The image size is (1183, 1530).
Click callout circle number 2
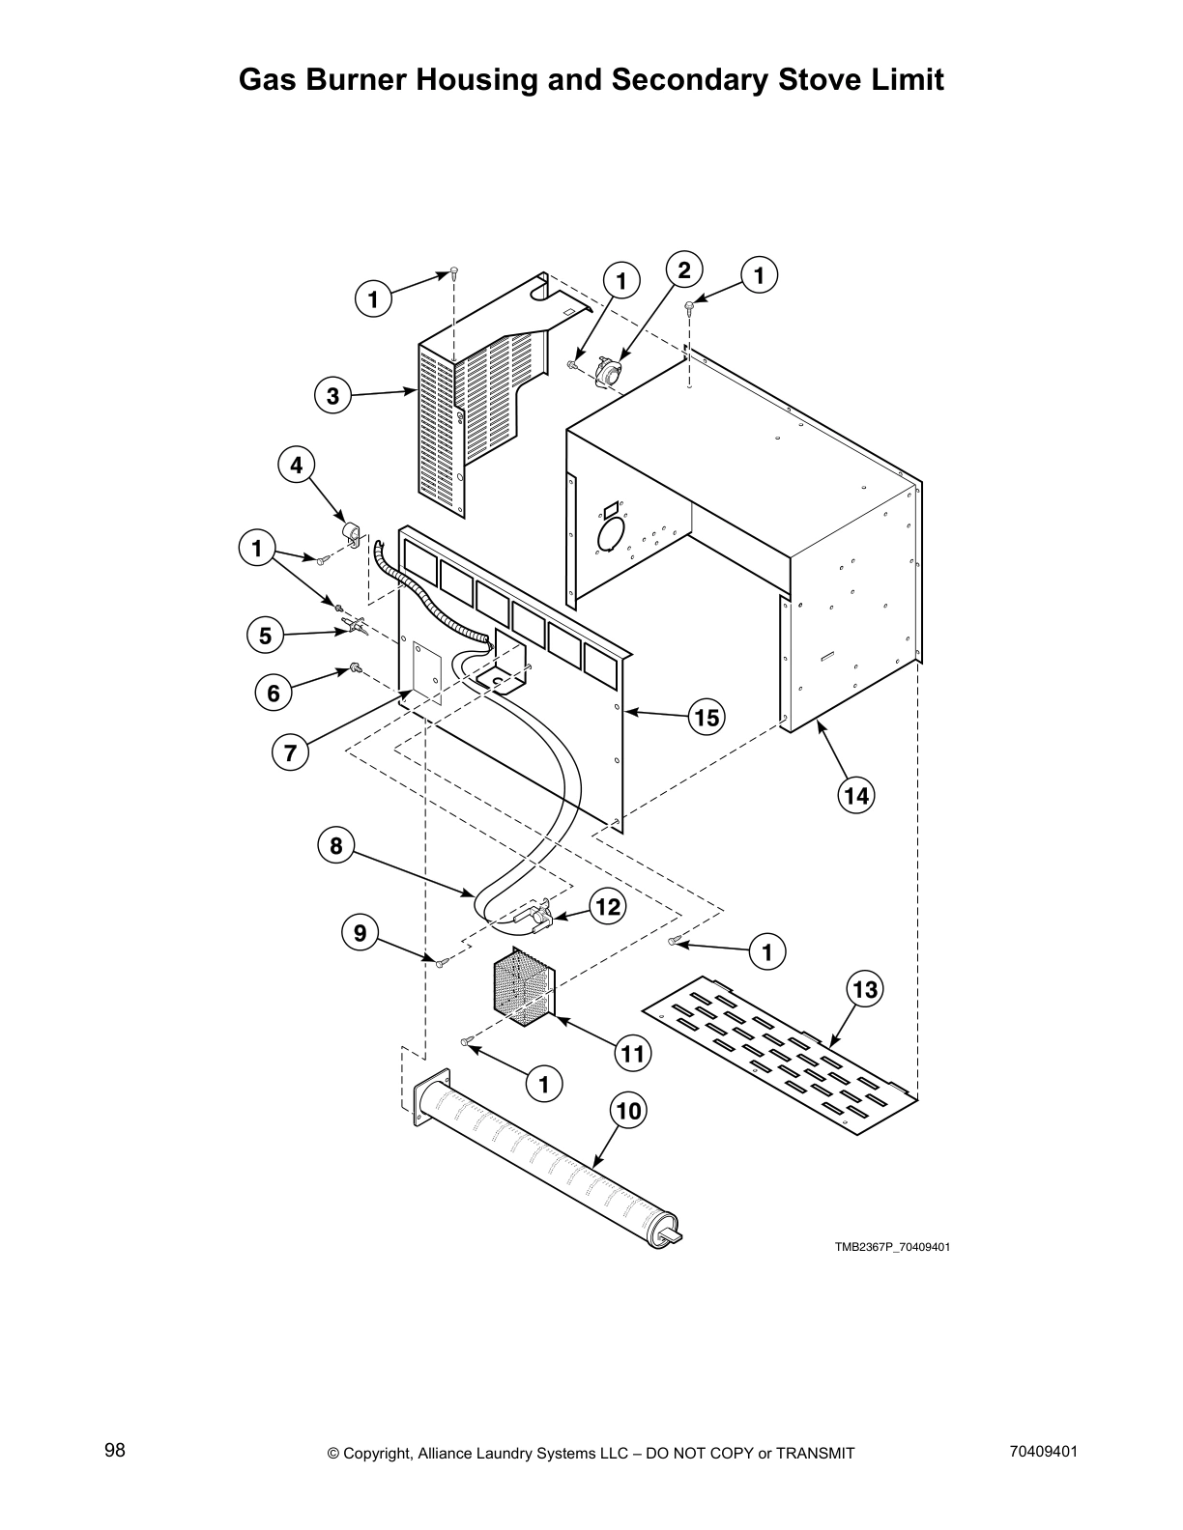pos(683,270)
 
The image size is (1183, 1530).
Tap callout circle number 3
pos(332,396)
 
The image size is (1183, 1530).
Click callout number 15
pos(707,717)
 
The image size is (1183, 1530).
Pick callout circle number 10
pos(628,1111)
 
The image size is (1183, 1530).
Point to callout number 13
pos(865,989)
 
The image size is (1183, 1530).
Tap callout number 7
pos(290,751)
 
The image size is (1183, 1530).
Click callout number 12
pos(608,906)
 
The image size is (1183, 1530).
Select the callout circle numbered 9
pos(360,932)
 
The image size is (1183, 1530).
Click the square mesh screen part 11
pos(523,987)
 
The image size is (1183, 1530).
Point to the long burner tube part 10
pos(551,1169)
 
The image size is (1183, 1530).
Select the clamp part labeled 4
pos(349,533)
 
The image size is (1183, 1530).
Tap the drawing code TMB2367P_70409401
pos(892,1247)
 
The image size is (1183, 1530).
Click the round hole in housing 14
pos(611,533)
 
